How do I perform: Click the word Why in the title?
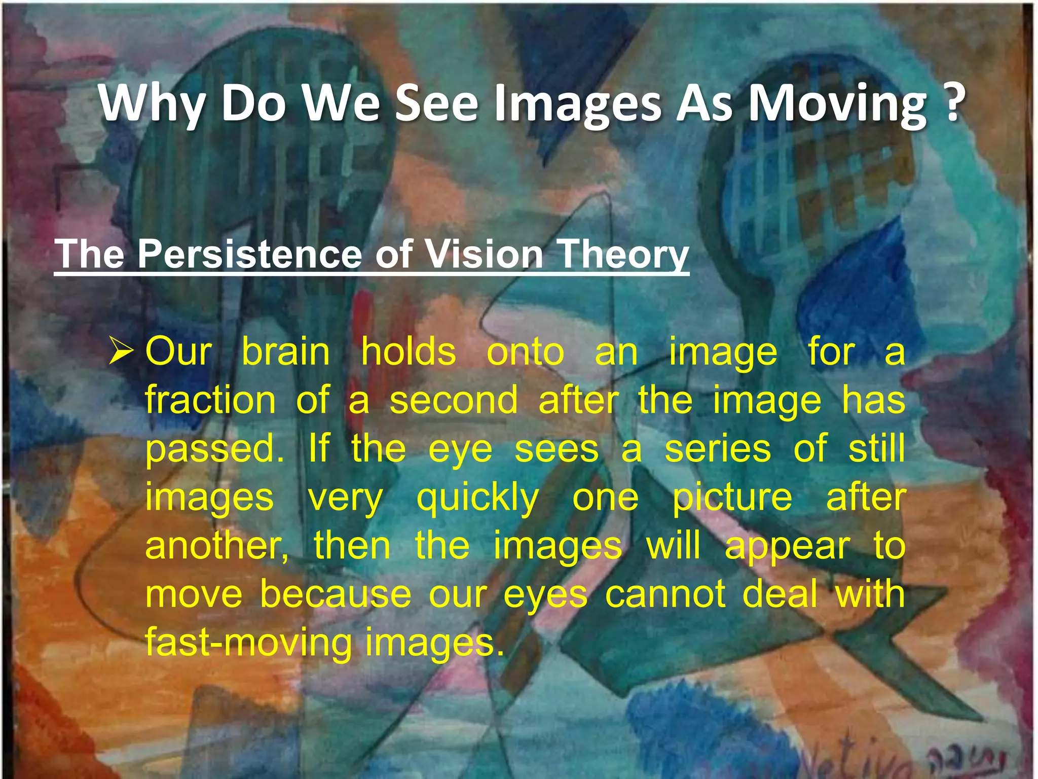pos(152,104)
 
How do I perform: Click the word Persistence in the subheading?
pos(249,254)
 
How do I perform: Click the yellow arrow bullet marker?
pos(122,352)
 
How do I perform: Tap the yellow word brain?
pos(285,351)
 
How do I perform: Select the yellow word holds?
pos(409,351)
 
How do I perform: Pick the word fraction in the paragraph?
pos(210,400)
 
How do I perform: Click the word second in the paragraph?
pos(454,400)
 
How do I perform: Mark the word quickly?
pos(477,499)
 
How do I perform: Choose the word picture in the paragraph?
pos(732,499)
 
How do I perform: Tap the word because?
pos(336,594)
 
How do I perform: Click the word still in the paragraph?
pos(876,449)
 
